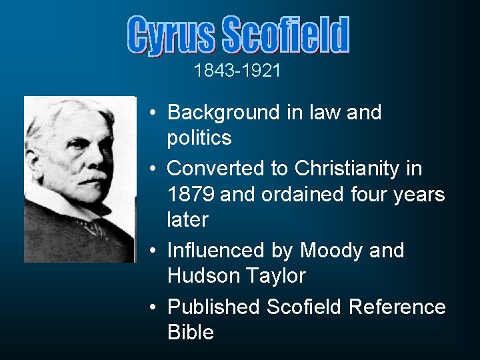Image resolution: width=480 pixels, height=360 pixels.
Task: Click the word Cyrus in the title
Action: [x=171, y=36]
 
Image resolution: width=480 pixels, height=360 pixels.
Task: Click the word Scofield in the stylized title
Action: [x=285, y=35]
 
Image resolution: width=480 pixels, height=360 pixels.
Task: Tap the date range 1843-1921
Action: [x=237, y=71]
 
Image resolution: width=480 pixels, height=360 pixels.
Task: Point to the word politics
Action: [x=199, y=138]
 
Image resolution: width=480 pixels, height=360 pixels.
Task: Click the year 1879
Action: [x=191, y=194]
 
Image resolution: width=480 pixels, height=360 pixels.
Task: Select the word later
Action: [x=187, y=219]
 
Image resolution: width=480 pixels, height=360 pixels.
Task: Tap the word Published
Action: [x=213, y=307]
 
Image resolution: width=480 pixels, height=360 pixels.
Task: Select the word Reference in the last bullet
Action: [x=397, y=307]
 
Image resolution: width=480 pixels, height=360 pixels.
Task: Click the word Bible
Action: [x=191, y=332]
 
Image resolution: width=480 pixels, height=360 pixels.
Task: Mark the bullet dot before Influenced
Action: [x=153, y=251]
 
